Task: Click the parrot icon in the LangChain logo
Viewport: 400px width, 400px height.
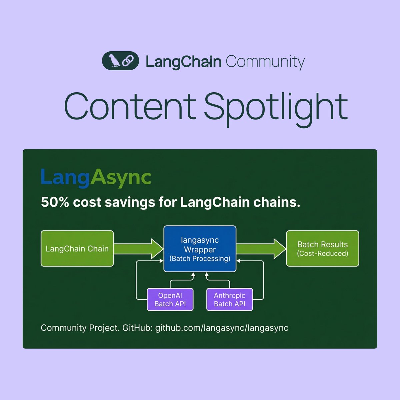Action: [x=114, y=61]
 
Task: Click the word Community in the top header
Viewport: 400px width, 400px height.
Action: [x=265, y=62]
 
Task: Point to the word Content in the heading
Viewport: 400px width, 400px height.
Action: [x=130, y=107]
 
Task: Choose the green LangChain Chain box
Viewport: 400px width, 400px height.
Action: [x=77, y=249]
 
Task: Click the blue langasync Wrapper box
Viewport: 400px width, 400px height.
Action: [x=200, y=249]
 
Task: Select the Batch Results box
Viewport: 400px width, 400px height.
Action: [x=322, y=249]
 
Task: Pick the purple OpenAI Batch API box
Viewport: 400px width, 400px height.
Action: [x=170, y=299]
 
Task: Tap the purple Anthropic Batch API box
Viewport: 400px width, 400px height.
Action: [x=229, y=299]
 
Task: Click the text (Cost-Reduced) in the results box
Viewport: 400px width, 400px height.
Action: [x=322, y=254]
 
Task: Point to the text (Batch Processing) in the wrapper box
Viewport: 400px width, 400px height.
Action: [x=200, y=259]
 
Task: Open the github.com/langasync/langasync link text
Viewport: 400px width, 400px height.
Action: [x=222, y=328]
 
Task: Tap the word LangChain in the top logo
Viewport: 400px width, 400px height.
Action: [x=183, y=62]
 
